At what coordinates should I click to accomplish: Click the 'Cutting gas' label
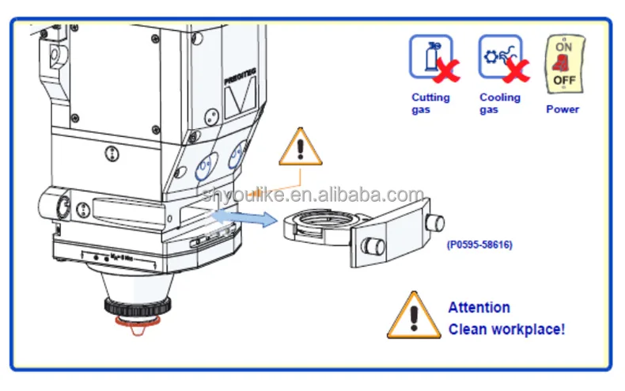click(430, 103)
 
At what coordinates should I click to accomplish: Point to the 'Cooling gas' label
click(500, 103)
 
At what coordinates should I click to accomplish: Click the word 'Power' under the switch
click(562, 109)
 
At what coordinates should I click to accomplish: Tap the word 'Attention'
click(479, 307)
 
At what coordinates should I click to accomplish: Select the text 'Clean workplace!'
click(506, 329)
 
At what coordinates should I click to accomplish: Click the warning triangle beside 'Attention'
click(413, 316)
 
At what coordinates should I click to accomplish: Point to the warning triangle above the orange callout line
click(300, 146)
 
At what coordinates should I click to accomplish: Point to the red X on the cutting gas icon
click(446, 70)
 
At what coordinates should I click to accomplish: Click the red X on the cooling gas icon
click(516, 70)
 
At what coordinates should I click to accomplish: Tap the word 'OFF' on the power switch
click(564, 80)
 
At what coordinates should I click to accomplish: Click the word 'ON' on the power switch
click(563, 47)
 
